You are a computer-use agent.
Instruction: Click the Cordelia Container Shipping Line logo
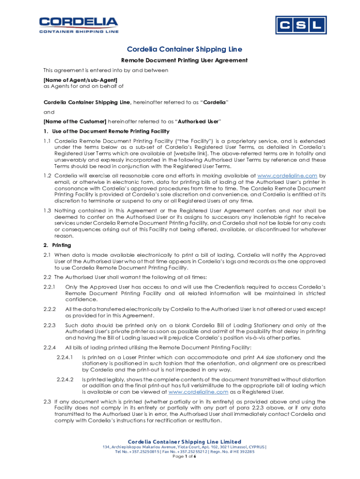pos(79,25)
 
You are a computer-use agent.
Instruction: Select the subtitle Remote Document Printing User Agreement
pos(184,60)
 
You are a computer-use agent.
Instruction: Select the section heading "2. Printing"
pos(58,245)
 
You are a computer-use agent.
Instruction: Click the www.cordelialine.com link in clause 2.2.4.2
pos(198,392)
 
